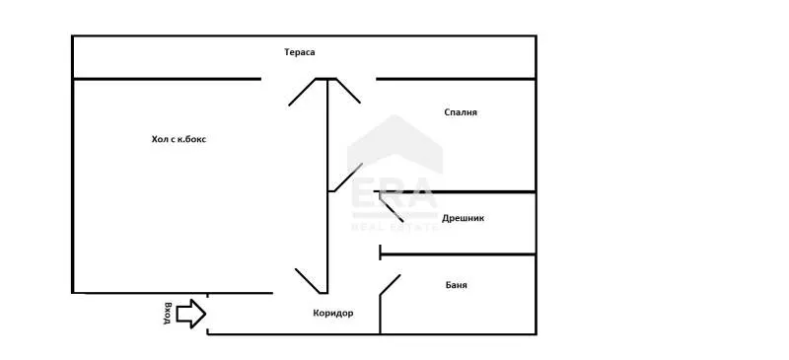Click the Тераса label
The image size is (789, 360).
(299, 52)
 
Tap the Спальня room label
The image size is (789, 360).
(461, 112)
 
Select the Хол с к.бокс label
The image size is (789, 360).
(179, 139)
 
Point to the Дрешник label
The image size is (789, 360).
(463, 218)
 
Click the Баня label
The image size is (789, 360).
(455, 285)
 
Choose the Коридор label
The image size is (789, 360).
(332, 313)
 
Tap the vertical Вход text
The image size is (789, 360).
(169, 313)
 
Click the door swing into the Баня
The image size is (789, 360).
(391, 286)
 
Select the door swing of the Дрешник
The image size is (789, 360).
(391, 206)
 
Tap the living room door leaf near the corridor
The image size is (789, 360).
(310, 279)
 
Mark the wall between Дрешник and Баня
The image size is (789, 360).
(459, 255)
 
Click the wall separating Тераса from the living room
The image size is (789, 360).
(168, 79)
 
